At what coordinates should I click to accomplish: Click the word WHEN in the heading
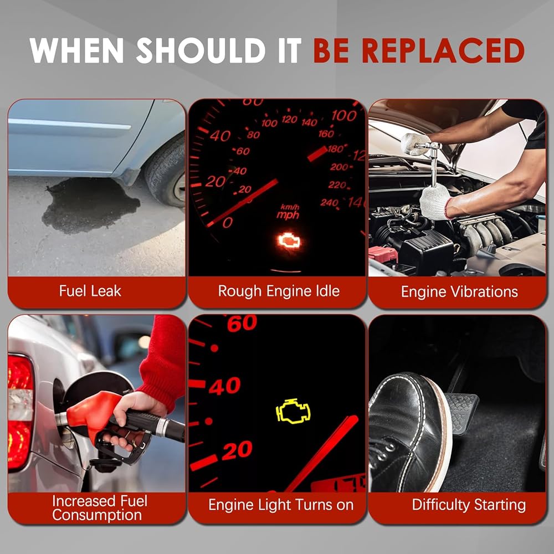[76, 50]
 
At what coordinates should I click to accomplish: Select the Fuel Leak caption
[90, 291]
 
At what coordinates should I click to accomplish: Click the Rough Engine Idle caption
[279, 291]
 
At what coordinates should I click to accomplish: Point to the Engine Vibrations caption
[459, 292]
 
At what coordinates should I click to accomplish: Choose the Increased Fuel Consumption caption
[100, 508]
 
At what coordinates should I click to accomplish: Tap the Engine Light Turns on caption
[281, 505]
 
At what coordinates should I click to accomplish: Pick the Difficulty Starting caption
[469, 505]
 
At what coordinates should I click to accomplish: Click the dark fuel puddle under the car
[90, 205]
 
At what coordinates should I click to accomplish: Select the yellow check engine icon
[293, 411]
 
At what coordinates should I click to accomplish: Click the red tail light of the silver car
[20, 412]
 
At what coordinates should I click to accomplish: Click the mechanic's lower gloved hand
[435, 202]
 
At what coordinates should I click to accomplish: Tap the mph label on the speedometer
[288, 215]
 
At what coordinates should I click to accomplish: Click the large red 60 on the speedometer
[242, 323]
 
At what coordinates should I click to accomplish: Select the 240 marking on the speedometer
[329, 202]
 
